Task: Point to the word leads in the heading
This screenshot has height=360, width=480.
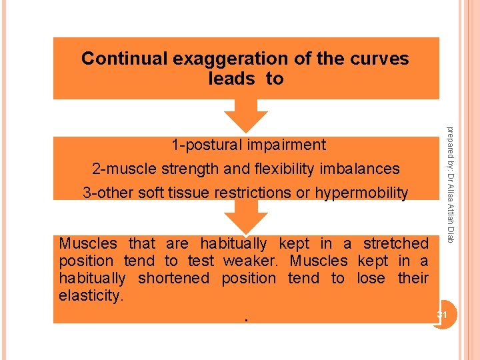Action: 231,79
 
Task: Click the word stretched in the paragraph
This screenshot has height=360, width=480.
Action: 396,244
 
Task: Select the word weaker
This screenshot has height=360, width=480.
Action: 248,261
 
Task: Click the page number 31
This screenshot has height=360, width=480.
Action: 441,315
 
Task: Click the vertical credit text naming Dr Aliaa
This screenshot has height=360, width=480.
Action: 451,184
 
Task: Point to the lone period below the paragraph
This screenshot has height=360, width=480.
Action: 246,319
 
